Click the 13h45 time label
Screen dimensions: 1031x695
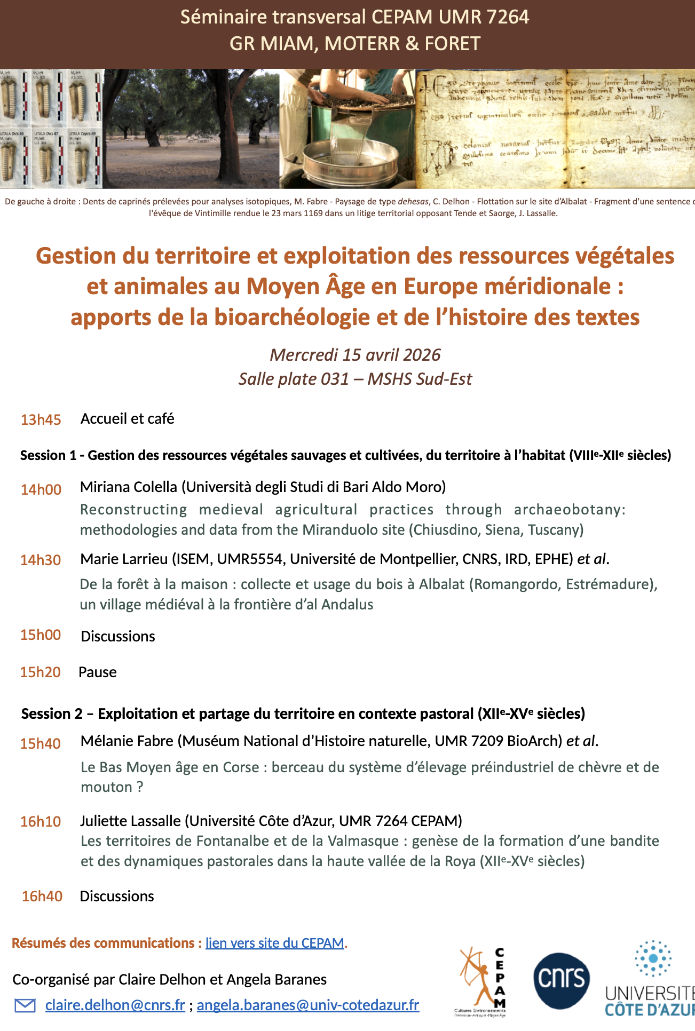pyautogui.click(x=41, y=419)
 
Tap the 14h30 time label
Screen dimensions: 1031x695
pyautogui.click(x=41, y=560)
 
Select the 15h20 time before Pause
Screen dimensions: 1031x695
pyautogui.click(x=41, y=672)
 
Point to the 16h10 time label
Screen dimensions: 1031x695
pyautogui.click(x=41, y=821)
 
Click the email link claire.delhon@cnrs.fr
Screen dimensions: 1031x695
pyautogui.click(x=115, y=1005)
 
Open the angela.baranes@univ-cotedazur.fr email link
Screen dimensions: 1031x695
pyautogui.click(x=308, y=1005)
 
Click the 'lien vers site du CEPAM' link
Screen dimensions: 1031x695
pyautogui.click(x=275, y=943)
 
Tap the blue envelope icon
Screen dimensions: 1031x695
pyautogui.click(x=25, y=1005)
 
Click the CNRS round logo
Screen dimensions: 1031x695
pyautogui.click(x=562, y=980)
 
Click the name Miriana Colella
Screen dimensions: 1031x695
pyautogui.click(x=129, y=487)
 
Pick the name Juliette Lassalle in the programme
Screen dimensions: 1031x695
pyautogui.click(x=130, y=820)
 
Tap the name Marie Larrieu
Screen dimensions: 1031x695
pyautogui.click(x=124, y=559)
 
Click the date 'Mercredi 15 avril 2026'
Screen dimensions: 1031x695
pyautogui.click(x=355, y=355)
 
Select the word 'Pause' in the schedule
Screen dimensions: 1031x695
pyautogui.click(x=98, y=672)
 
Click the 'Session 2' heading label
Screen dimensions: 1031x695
pyautogui.click(x=52, y=713)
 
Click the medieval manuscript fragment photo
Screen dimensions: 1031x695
pyautogui.click(x=555, y=128)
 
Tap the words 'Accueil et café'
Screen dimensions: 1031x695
pyautogui.click(x=128, y=419)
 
